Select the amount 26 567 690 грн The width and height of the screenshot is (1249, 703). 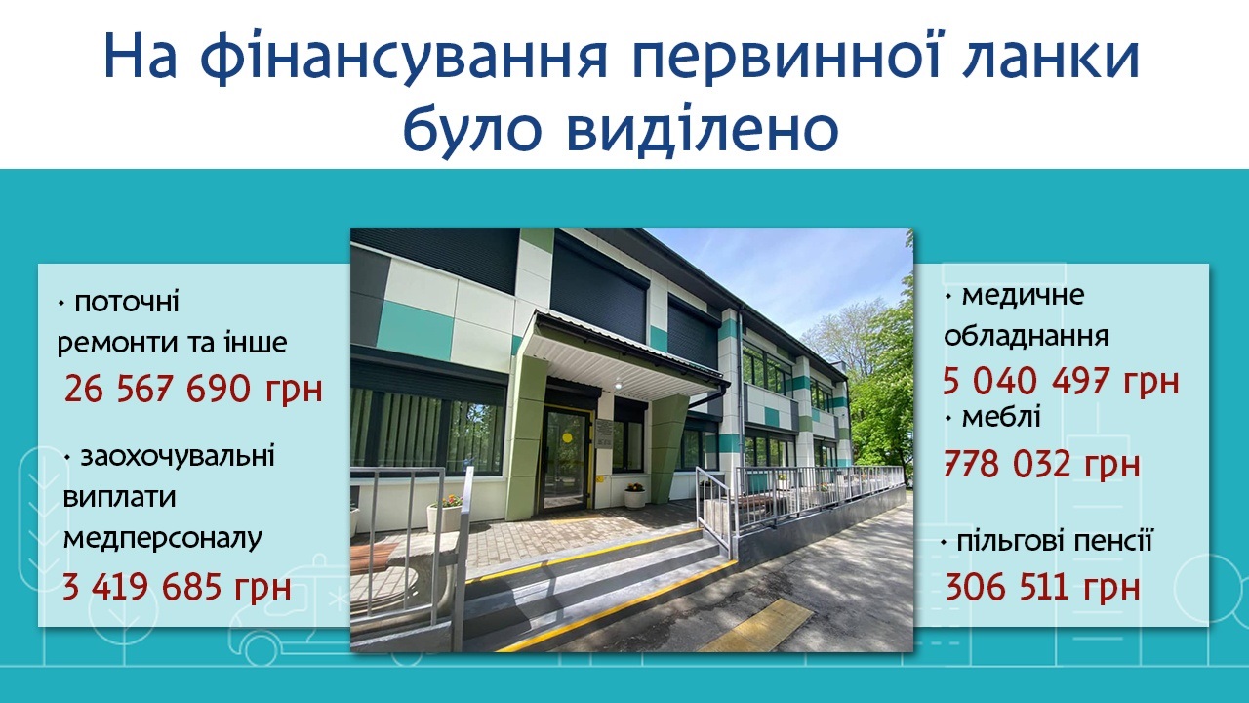pyautogui.click(x=193, y=389)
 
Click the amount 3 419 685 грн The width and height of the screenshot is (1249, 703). pyautogui.click(x=177, y=587)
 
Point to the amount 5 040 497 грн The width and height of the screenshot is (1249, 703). pyautogui.click(x=1061, y=382)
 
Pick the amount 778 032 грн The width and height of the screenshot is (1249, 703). pyautogui.click(x=1041, y=464)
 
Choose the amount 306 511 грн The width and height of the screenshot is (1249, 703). pyautogui.click(x=1042, y=587)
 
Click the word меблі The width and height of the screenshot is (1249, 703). pyautogui.click(x=1001, y=416)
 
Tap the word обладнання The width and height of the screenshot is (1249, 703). pyautogui.click(x=1026, y=337)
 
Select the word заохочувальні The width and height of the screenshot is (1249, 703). pyautogui.click(x=178, y=456)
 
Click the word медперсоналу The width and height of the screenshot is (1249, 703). pyautogui.click(x=162, y=539)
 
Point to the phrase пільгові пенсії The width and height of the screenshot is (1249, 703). pyautogui.click(x=1055, y=541)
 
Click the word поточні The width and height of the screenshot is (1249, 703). pyautogui.click(x=127, y=302)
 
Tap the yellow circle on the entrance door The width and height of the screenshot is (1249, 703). pyautogui.click(x=567, y=437)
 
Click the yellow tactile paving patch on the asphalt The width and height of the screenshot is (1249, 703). pyautogui.click(x=756, y=625)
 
